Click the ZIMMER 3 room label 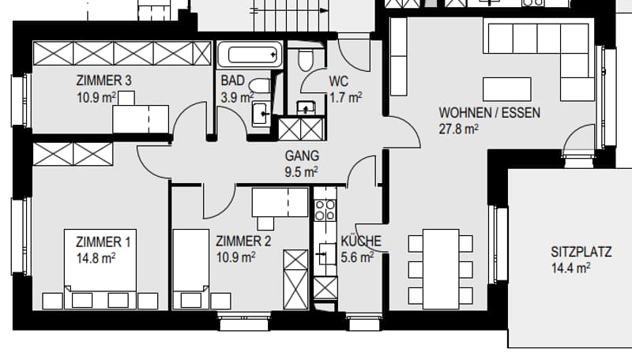(104, 81)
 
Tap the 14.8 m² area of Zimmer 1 (96, 258)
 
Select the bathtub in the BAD (250, 54)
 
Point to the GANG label (302, 156)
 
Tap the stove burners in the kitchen (325, 210)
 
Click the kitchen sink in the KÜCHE (325, 254)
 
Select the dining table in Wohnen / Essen (441, 269)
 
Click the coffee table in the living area (506, 89)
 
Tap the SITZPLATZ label (581, 252)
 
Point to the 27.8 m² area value (459, 129)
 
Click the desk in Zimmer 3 (141, 118)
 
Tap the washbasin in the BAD (261, 114)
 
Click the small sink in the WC (306, 108)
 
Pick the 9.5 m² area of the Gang (302, 172)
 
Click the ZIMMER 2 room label (243, 242)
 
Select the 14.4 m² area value (570, 268)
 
